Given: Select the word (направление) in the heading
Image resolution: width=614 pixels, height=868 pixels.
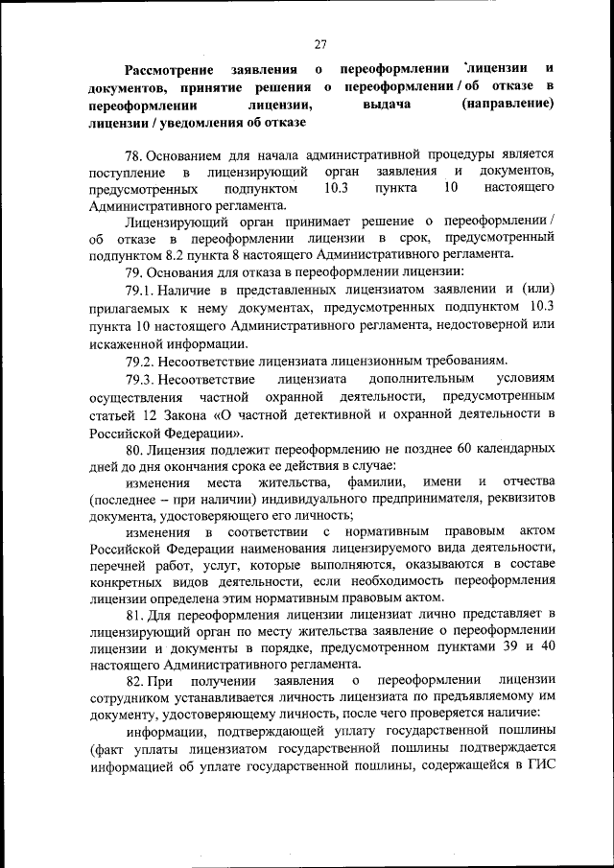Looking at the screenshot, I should point(507,106).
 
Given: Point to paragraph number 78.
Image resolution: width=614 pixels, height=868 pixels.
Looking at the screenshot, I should point(133,153).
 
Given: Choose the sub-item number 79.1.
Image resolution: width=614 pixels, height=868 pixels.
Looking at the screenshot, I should point(140,289).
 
